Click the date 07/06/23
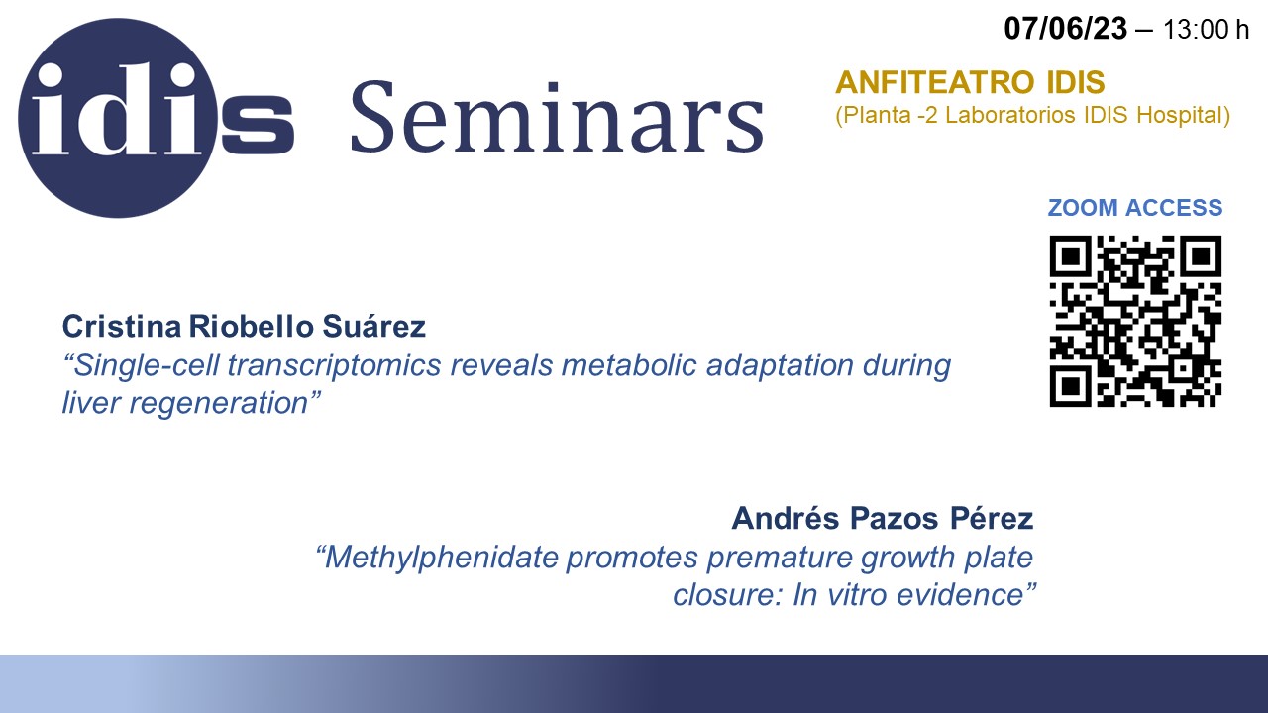click(x=1065, y=29)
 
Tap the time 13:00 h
click(x=1207, y=30)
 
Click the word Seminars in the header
click(x=558, y=118)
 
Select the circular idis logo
click(x=118, y=118)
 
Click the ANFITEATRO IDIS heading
click(x=970, y=82)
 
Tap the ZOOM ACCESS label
click(x=1135, y=208)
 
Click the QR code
click(x=1135, y=321)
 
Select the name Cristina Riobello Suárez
click(x=244, y=327)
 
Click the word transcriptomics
click(x=334, y=365)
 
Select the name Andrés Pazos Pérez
click(x=883, y=518)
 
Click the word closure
click(x=728, y=595)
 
